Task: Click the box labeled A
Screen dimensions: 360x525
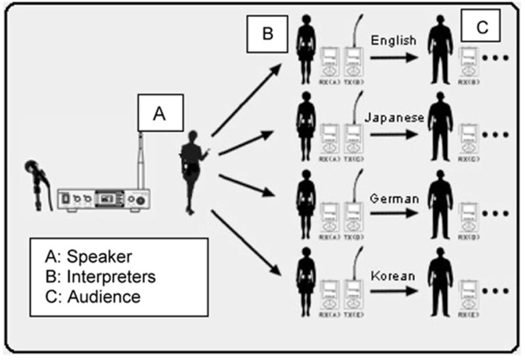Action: click(159, 114)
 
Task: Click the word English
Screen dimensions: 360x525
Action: click(393, 41)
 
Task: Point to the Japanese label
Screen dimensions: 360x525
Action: click(395, 117)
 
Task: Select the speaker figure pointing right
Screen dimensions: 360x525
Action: click(191, 170)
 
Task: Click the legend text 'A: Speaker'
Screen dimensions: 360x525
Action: click(88, 258)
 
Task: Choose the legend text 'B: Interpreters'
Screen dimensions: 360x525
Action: click(100, 277)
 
